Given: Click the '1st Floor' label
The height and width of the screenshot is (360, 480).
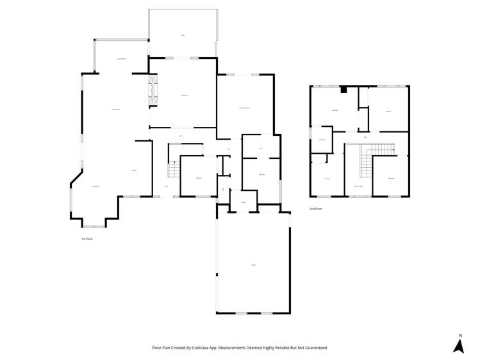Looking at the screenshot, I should pos(87,239).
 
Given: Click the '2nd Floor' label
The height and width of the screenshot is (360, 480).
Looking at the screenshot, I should pos(315,209).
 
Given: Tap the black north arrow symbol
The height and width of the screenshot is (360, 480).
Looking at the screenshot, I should pos(458,346).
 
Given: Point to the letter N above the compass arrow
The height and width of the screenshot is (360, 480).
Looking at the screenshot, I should pos(460,335).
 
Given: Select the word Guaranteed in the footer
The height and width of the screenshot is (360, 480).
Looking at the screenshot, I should pos(315,348).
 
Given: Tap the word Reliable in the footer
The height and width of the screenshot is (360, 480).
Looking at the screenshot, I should pos(288,348).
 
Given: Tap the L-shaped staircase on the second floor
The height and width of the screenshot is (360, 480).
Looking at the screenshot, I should pos(372,157).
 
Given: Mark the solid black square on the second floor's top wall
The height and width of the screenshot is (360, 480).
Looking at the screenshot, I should pos(343,90).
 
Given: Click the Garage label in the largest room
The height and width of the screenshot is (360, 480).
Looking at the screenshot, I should pos(253,265).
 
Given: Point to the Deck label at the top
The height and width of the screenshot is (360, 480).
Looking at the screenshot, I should pos(183,35).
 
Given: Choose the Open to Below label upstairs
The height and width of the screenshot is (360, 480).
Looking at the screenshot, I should pos(359,186).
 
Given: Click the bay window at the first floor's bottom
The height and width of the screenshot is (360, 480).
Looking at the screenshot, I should pos(94,226).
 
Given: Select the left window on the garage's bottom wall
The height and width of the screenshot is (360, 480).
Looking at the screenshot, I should pos(241,313).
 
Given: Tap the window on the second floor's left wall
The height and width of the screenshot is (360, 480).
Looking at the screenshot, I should pos(310,133).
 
